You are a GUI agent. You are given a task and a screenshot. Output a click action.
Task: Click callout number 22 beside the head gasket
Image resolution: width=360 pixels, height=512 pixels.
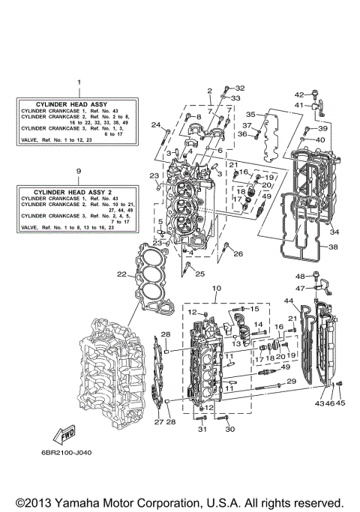[x=121, y=274]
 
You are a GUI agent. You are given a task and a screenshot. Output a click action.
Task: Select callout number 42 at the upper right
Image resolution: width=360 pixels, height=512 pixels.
[x=298, y=94]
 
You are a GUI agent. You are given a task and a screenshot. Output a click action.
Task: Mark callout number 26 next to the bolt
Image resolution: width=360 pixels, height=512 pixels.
[x=238, y=254]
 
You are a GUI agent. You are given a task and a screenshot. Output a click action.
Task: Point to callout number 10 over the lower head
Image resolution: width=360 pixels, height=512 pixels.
[x=217, y=288]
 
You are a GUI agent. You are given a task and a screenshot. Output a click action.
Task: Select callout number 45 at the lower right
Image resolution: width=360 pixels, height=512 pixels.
[x=342, y=403]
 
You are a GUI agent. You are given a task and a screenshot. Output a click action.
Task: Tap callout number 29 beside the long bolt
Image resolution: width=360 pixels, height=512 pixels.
[x=291, y=382]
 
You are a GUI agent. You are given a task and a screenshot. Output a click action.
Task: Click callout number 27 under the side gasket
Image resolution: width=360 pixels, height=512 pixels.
[x=158, y=422]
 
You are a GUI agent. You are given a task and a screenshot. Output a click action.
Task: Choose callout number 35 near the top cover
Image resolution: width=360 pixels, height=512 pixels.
[x=252, y=114]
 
